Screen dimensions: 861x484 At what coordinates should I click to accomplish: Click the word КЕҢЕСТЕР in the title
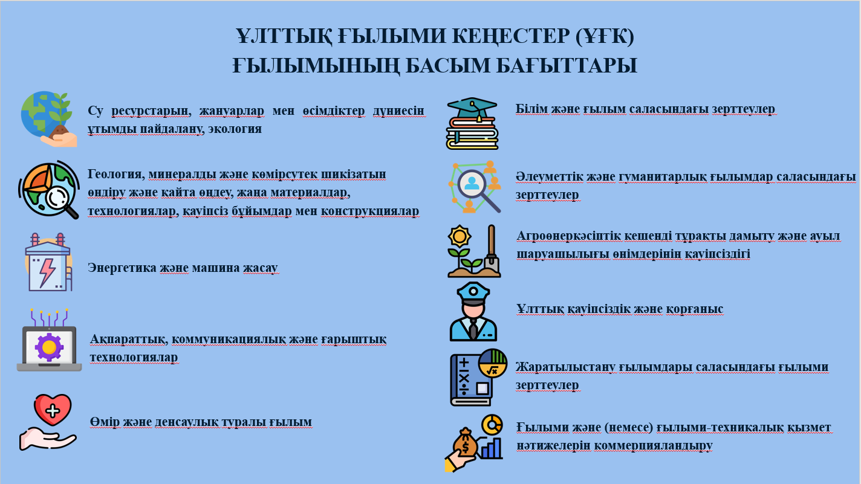[x=510, y=36]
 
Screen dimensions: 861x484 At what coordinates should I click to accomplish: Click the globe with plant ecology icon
[x=49, y=118]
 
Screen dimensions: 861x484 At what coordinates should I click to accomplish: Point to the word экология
[x=235, y=129]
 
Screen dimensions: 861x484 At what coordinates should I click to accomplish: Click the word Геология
[x=116, y=175]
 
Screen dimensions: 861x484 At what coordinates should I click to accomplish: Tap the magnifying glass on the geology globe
[x=62, y=202]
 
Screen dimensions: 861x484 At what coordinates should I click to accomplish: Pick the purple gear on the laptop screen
[x=49, y=347]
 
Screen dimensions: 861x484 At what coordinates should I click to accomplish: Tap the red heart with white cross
[x=53, y=410]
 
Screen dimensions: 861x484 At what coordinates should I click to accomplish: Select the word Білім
[x=531, y=109]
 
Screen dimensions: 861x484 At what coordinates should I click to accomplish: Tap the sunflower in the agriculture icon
[x=460, y=236]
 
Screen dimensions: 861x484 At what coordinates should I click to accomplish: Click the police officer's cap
[x=473, y=294]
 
